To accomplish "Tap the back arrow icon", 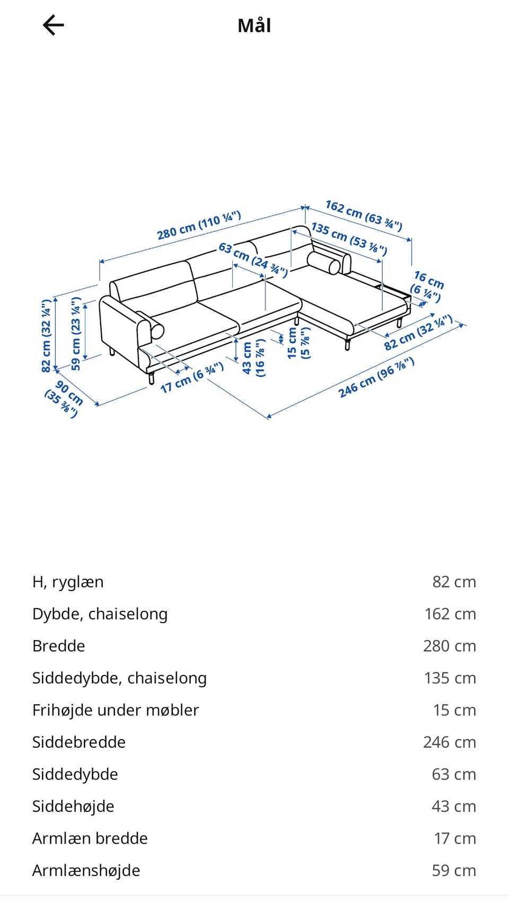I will tap(53, 25).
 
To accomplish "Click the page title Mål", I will tap(254, 25).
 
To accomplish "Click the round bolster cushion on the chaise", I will tap(324, 263).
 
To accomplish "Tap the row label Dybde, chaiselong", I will tap(100, 614).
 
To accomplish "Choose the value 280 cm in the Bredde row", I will tap(449, 646).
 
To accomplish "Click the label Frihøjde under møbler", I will tap(116, 710).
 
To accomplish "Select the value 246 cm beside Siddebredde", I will tap(449, 742).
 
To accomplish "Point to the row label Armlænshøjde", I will tap(86, 870).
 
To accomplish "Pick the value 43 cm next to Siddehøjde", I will tap(453, 806).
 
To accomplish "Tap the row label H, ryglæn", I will tap(68, 582).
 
